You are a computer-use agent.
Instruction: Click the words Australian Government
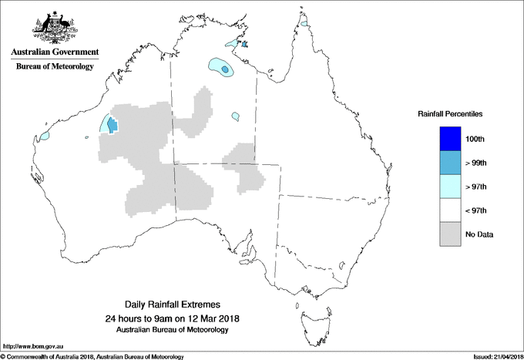click(55, 52)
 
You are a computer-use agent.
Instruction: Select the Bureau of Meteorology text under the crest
click(55, 67)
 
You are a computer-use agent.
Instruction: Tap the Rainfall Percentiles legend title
click(450, 113)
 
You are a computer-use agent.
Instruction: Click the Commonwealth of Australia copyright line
click(92, 356)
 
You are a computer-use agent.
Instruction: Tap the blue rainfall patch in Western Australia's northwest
click(113, 124)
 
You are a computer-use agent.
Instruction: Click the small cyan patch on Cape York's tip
click(306, 25)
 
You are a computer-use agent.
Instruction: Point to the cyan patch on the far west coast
click(44, 136)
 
